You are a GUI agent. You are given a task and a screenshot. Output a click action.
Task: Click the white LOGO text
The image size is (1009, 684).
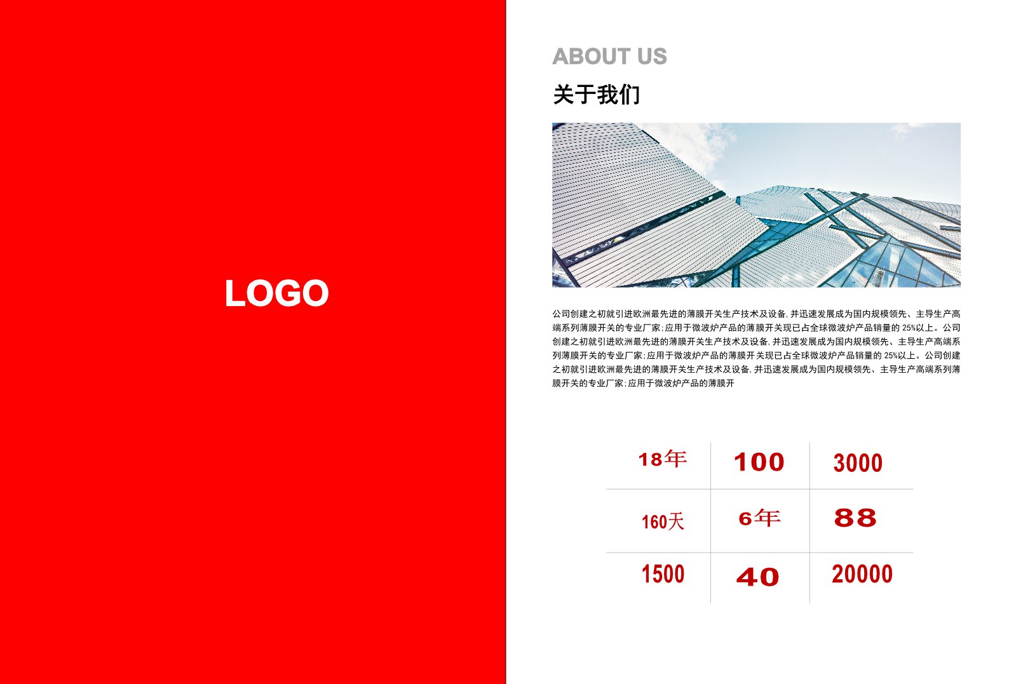(x=276, y=293)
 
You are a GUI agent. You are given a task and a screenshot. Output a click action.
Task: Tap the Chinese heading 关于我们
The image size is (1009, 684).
(x=596, y=95)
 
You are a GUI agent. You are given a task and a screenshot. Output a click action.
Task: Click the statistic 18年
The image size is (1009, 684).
(x=662, y=459)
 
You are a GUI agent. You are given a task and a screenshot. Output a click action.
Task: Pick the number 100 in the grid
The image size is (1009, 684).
(x=759, y=462)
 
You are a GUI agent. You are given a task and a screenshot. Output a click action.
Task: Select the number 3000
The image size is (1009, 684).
(x=858, y=463)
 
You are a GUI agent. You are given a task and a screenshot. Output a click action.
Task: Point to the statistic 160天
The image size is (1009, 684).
(x=663, y=522)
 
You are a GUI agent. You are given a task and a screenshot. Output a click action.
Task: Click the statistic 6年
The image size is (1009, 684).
(x=759, y=518)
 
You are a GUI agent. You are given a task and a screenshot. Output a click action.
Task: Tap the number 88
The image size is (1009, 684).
(x=855, y=518)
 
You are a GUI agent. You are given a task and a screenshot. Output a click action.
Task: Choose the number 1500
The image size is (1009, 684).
(x=663, y=574)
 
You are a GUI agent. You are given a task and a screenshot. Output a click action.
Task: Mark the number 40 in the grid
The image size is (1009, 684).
(x=757, y=577)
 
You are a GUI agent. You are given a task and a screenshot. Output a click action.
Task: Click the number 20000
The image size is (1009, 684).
(x=862, y=573)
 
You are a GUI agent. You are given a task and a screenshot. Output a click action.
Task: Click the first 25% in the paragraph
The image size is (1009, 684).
(x=909, y=328)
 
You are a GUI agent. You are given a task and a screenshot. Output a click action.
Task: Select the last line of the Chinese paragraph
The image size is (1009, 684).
(x=643, y=383)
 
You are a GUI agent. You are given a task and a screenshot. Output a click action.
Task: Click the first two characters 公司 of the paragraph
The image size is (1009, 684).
(x=561, y=314)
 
